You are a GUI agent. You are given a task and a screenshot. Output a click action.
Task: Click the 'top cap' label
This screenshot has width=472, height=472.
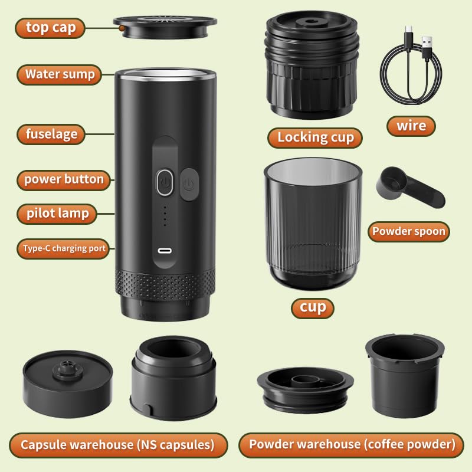click(50, 27)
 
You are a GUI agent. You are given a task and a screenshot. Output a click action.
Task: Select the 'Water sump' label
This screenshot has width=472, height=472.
click(60, 75)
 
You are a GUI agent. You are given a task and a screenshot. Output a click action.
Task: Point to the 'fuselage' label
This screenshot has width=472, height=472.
click(51, 134)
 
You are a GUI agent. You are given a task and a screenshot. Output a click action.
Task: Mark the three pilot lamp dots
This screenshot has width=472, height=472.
click(165, 217)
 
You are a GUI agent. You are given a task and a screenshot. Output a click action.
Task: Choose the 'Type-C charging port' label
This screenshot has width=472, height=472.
click(64, 248)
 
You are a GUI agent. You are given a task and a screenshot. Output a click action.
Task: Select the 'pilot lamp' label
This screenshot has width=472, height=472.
click(57, 214)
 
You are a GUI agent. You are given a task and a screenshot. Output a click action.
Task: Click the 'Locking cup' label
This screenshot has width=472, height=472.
click(315, 137)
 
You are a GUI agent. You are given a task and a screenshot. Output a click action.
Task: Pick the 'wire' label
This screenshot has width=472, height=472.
click(411, 126)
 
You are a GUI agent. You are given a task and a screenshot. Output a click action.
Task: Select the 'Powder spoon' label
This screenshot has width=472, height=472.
click(408, 231)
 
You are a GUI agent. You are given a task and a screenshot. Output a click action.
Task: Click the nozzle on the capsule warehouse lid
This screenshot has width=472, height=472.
click(67, 371)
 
